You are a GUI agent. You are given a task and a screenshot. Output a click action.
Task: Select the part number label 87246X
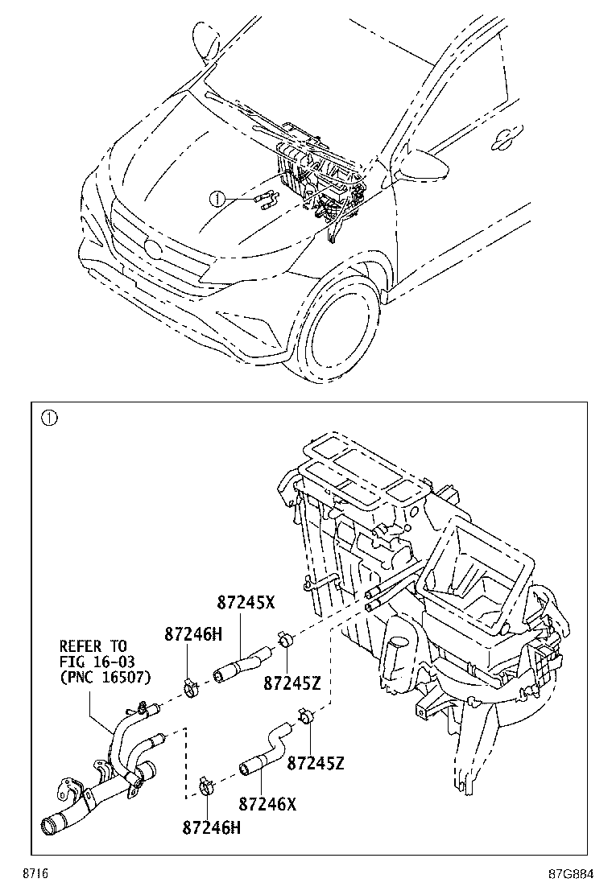pyautogui.click(x=267, y=803)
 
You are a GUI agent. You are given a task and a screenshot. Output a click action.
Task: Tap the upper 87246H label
pyautogui.click(x=192, y=634)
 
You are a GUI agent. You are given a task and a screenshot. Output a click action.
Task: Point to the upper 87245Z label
pyautogui.click(x=292, y=683)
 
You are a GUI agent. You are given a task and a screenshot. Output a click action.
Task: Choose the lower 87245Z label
pyautogui.click(x=316, y=762)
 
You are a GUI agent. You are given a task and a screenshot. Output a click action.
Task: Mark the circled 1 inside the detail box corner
pyautogui.click(x=49, y=417)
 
